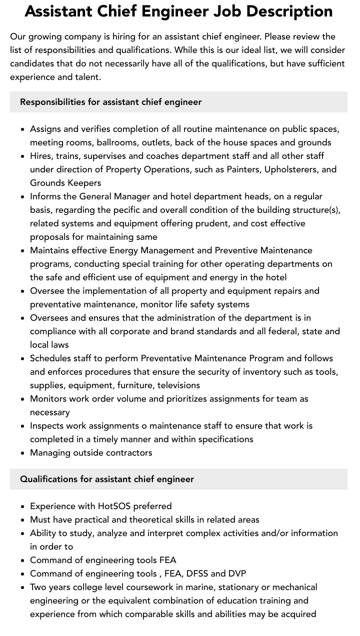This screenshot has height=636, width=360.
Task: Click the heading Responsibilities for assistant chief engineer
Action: (x=110, y=102)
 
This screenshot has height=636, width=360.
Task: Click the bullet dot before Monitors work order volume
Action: (x=23, y=399)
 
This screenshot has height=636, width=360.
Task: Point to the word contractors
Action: (x=129, y=453)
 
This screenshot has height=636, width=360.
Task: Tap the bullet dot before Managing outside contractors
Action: (x=23, y=453)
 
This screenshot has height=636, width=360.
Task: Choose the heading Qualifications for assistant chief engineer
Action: (x=106, y=479)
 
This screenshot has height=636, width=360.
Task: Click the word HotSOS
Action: (x=114, y=506)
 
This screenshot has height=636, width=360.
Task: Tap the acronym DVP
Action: (x=237, y=574)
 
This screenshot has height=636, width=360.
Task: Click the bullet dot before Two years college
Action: (x=23, y=588)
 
